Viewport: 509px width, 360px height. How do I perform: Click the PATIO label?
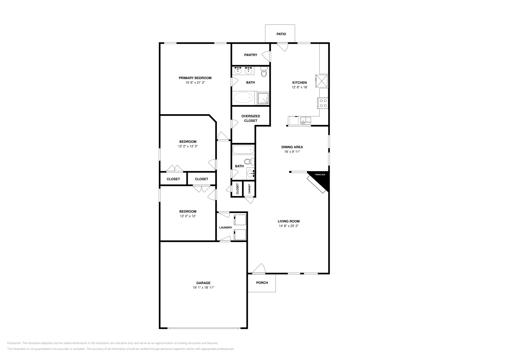point(281,34)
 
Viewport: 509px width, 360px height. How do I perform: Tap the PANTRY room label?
point(251,55)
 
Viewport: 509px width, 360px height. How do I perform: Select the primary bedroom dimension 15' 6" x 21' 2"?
point(195,83)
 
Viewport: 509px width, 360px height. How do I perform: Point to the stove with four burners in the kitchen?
point(323,103)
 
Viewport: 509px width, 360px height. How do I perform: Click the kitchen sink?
point(306,121)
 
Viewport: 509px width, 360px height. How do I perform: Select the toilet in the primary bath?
point(264,72)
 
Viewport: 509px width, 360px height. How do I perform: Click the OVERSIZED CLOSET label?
point(251,118)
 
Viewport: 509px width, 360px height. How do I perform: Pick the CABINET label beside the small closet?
point(249,189)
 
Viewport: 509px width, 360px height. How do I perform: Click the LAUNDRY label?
point(226,227)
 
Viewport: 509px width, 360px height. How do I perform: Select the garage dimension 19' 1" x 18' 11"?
point(203,287)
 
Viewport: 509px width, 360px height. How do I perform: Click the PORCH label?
point(262,283)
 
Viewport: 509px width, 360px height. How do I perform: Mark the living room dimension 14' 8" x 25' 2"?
point(289,226)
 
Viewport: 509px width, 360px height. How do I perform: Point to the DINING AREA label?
point(292,147)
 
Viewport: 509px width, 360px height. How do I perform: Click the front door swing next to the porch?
point(259,269)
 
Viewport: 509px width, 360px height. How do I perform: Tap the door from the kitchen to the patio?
point(282,47)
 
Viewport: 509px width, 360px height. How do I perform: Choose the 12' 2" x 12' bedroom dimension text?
point(188,216)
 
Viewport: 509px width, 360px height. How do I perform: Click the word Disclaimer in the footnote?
point(14,343)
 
